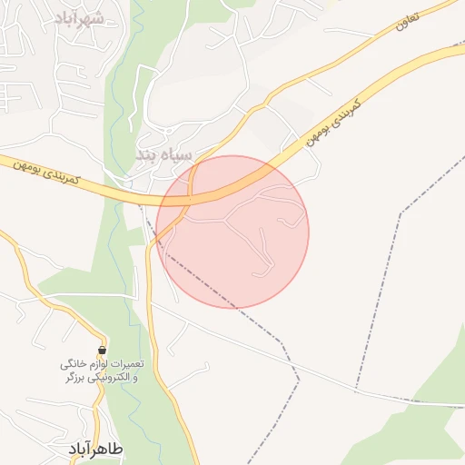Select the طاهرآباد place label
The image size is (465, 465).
(x=95, y=450)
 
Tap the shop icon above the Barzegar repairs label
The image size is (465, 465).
(x=103, y=349)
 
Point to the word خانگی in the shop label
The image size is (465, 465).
(x=72, y=363)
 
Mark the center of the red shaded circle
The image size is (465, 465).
(x=232, y=232)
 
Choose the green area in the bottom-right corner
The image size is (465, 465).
(x=427, y=418)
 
